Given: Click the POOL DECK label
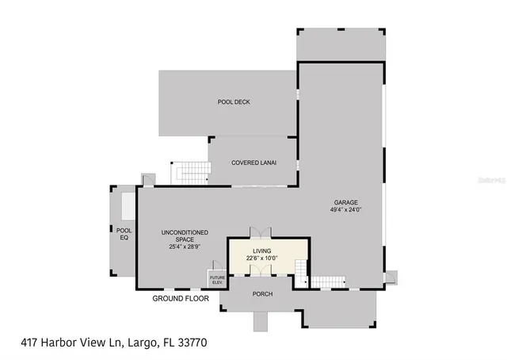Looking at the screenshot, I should pos(234,102).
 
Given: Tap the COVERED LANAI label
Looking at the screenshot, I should pos(253,163).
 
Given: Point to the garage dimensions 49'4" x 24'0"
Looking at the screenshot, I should pos(346,210).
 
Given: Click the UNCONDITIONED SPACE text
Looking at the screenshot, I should pos(185,236).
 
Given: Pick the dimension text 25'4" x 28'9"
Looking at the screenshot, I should pos(185,247).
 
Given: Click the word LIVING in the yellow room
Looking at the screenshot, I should pos(261,250).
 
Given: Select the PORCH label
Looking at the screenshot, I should pos(262,294).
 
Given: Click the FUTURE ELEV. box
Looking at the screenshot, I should pos(217,279).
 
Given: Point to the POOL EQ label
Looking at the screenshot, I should pos(124,233).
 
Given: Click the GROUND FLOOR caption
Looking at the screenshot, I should pos(181,299).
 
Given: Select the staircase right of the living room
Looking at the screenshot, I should pos(327,281).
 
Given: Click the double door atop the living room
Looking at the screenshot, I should pos(261,232).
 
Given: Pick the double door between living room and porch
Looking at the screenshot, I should pos(261,270).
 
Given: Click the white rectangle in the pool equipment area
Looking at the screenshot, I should pos(127,205).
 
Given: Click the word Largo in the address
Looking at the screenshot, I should pos(134,343).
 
